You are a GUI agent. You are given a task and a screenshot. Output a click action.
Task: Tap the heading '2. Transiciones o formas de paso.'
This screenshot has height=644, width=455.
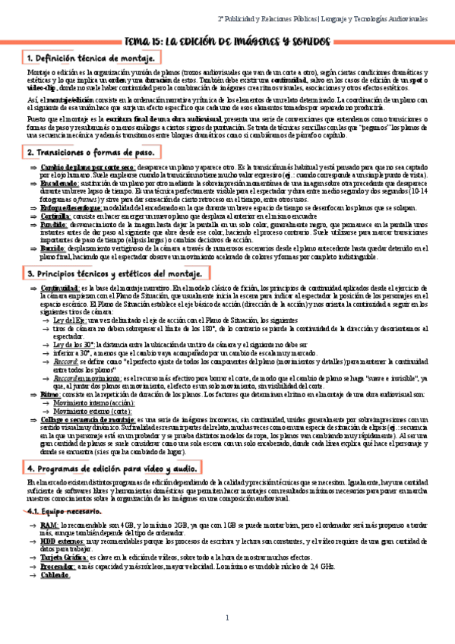point(94,153)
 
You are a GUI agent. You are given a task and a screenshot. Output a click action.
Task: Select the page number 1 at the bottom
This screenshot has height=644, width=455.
point(227,616)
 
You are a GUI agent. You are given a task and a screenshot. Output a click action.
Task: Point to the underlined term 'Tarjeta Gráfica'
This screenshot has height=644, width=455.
point(64,557)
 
